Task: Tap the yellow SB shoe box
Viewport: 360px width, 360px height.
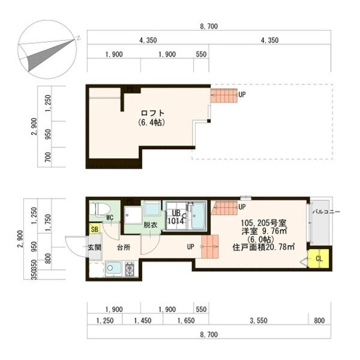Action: [95, 230]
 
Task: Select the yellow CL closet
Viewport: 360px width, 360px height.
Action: [318, 258]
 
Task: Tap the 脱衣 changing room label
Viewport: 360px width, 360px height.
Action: [150, 225]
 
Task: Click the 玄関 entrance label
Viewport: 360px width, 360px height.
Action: [95, 247]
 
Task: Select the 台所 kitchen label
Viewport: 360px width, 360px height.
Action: [124, 247]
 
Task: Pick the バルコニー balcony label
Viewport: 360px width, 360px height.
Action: [322, 212]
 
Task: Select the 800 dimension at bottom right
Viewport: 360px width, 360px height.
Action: [319, 320]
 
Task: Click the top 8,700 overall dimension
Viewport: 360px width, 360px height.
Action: [208, 27]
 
